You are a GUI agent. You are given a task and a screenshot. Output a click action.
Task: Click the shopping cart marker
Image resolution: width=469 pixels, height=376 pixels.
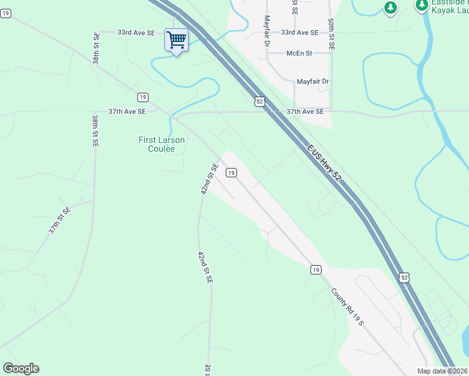point(176,41)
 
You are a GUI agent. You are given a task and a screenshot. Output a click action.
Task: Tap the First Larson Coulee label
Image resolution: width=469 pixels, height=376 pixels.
point(162,145)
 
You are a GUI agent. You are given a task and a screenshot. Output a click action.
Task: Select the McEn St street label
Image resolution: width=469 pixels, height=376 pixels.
point(300,53)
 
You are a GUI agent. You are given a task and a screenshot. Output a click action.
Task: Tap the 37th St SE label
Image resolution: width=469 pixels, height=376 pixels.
point(60,221)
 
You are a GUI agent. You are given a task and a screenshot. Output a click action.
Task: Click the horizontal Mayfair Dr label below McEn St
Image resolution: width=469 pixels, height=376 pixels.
point(313,82)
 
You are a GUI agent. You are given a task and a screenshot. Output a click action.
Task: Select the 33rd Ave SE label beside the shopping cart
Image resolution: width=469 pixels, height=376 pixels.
point(136,33)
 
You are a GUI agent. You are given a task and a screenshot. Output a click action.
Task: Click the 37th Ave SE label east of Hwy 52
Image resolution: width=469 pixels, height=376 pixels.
point(305,112)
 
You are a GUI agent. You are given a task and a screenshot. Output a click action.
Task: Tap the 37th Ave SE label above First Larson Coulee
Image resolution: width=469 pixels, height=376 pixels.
point(127,112)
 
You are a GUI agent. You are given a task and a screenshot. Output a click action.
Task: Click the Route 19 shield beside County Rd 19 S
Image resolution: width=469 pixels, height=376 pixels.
point(315,269)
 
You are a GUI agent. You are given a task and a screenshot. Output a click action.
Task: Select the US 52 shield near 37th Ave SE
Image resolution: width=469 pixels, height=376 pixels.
point(260,101)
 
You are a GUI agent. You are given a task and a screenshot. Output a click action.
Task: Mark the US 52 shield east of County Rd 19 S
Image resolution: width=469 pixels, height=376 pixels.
point(404,277)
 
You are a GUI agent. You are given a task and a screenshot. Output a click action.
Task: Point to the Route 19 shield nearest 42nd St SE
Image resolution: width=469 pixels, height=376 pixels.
point(231,172)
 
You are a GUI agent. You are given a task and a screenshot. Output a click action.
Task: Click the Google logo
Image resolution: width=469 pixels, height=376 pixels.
point(21,368)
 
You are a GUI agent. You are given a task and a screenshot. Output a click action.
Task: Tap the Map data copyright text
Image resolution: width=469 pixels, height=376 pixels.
point(442,371)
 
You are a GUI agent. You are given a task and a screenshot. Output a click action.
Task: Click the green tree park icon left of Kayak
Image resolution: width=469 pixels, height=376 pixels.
point(391,8)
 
